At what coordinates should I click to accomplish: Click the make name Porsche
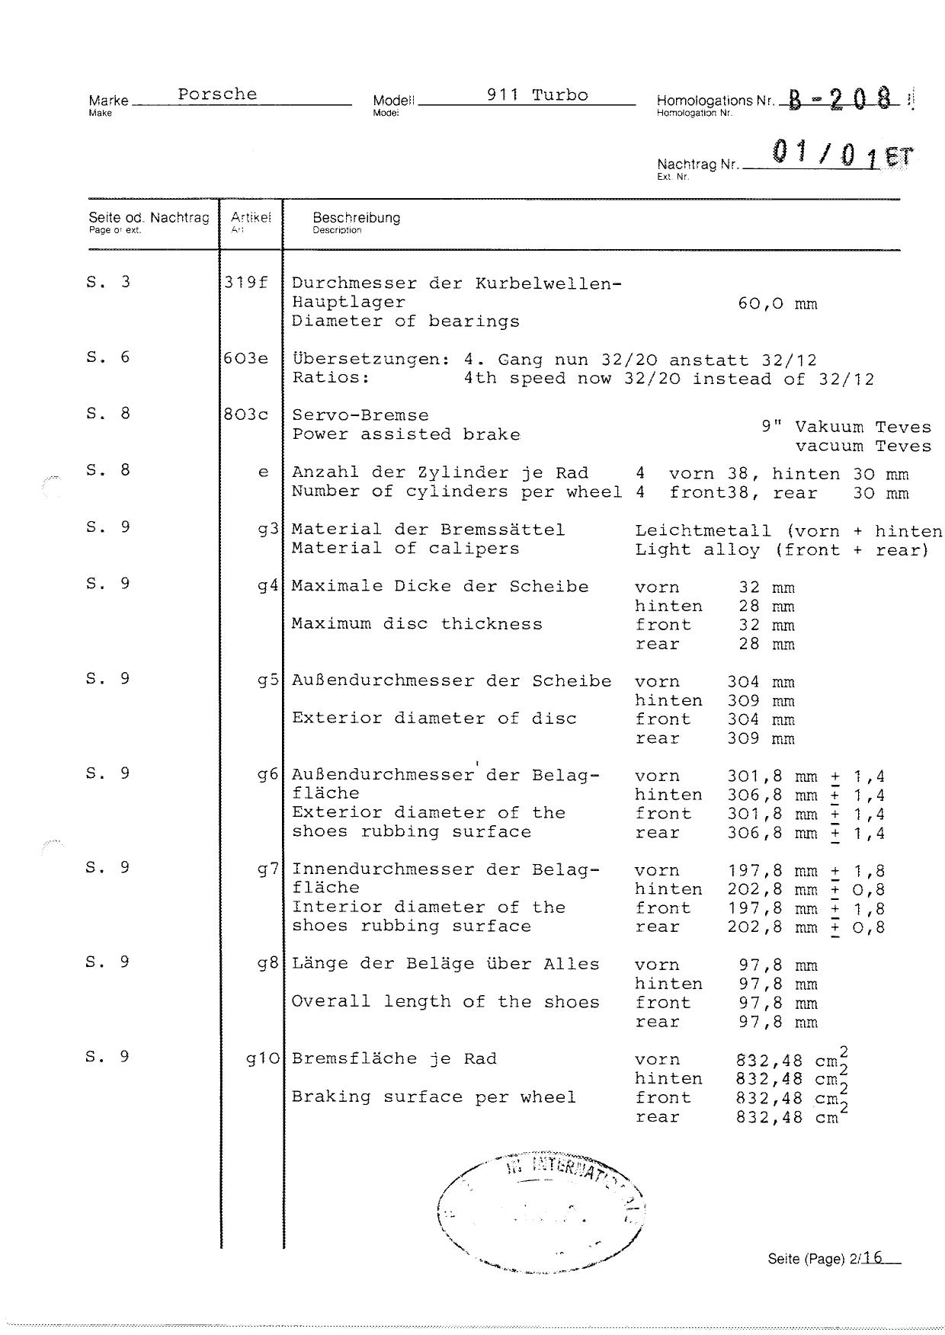[217, 94]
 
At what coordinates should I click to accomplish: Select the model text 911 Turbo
[537, 95]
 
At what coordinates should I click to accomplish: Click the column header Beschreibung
[356, 218]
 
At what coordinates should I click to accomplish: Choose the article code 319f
[245, 283]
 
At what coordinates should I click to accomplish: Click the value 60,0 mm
[777, 304]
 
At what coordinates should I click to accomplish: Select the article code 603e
[245, 358]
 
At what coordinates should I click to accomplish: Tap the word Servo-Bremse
[360, 415]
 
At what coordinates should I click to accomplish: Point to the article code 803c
[245, 415]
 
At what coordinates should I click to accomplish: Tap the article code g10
[263, 1058]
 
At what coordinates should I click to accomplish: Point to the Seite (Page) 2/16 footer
[833, 1258]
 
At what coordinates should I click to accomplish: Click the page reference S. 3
[108, 283]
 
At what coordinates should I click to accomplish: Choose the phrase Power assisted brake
[405, 434]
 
